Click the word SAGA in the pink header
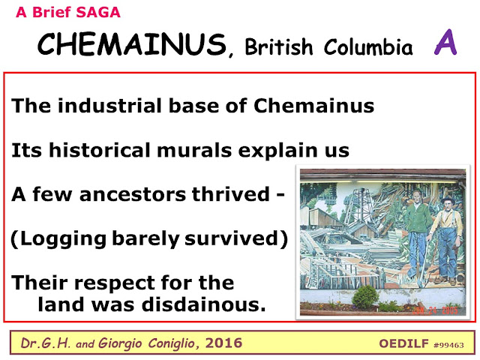[98, 13]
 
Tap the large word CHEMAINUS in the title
[133, 44]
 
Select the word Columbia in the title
[368, 46]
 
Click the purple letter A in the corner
[445, 42]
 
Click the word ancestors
[133, 194]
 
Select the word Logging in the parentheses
[63, 239]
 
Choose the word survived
[232, 238]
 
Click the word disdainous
[203, 304]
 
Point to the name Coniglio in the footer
[172, 343]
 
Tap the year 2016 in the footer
[223, 343]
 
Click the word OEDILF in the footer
[403, 343]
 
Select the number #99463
[448, 345]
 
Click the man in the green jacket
[416, 232]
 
